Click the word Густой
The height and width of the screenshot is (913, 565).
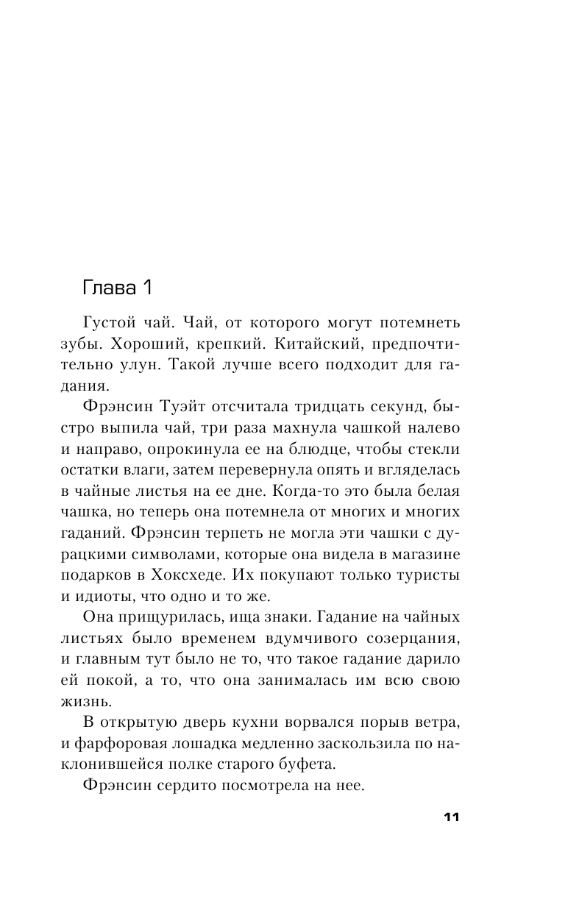click(125, 322)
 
